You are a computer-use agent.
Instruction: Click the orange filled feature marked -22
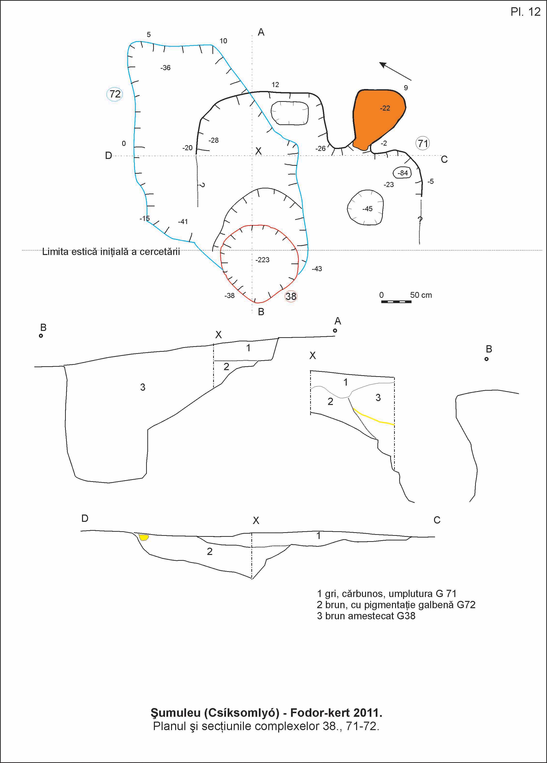pyautogui.click(x=378, y=118)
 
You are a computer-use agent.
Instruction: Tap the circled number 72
pyautogui.click(x=115, y=94)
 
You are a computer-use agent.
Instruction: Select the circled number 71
pyautogui.click(x=423, y=144)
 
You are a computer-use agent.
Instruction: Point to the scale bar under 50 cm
pyautogui.click(x=396, y=302)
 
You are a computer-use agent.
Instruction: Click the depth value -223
pyautogui.click(x=262, y=260)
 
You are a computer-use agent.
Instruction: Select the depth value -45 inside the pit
pyautogui.click(x=367, y=209)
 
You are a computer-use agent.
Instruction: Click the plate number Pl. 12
pyautogui.click(x=525, y=12)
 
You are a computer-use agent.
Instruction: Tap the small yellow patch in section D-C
pyautogui.click(x=144, y=537)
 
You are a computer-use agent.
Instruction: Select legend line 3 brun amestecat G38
pyautogui.click(x=366, y=616)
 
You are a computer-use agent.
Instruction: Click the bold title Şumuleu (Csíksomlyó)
pyautogui.click(x=266, y=712)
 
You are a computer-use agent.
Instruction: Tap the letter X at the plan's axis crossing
pyautogui.click(x=258, y=151)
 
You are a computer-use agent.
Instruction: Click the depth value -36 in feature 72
pyautogui.click(x=165, y=68)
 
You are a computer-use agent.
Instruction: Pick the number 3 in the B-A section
pyautogui.click(x=143, y=387)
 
